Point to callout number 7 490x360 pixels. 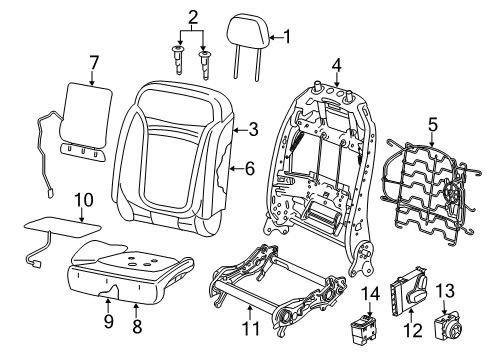tap(94, 64)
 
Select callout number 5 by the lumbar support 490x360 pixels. tap(432, 127)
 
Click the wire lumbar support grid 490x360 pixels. tap(422, 195)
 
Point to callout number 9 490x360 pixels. tap(108, 322)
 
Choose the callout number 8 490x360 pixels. tap(137, 324)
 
